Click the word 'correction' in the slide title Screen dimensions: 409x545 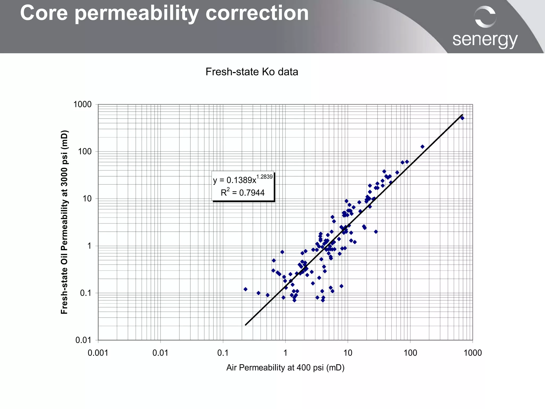point(257,13)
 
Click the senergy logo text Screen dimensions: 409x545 point(485,40)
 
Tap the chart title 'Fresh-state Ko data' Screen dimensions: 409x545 point(252,72)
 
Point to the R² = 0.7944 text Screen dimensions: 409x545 point(242,193)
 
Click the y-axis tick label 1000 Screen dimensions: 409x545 point(82,104)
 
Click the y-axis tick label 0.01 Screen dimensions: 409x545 point(83,340)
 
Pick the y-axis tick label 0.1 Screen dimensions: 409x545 point(86,293)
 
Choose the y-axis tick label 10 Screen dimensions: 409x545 point(87,199)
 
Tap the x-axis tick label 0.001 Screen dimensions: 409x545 point(98,353)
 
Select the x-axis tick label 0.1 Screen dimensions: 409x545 point(223,353)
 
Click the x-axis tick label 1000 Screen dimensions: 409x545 point(473,353)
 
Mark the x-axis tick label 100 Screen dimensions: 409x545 point(410,353)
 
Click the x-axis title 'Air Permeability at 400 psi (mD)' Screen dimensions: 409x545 point(285,368)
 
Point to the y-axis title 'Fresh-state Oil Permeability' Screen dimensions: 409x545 point(64,222)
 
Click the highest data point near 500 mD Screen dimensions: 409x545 point(462,118)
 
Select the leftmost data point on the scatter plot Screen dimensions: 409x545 point(245,289)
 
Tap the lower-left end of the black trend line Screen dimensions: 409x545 point(246,325)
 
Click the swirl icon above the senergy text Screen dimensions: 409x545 point(485,17)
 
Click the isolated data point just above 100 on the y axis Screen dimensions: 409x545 point(422,147)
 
